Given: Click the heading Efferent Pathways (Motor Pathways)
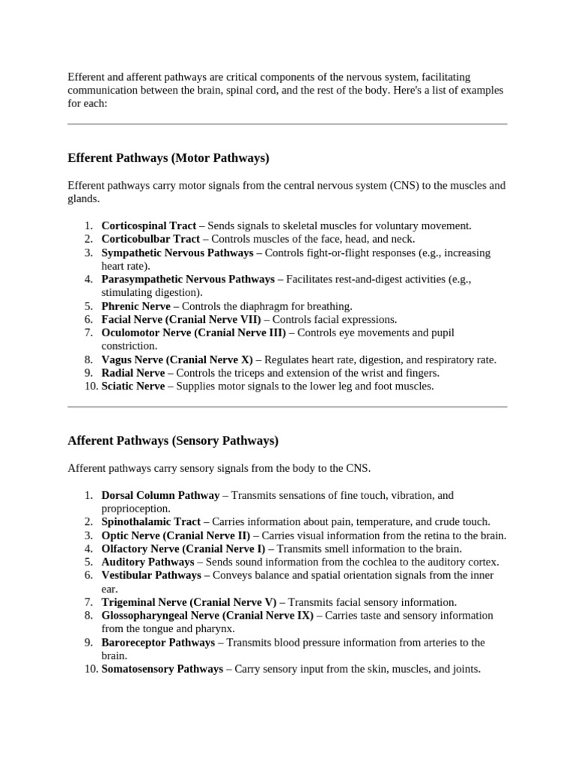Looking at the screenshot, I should [x=168, y=159].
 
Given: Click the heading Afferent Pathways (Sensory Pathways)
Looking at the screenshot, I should [x=173, y=440].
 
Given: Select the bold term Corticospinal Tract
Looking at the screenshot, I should [x=149, y=225].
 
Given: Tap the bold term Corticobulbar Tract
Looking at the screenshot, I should [x=150, y=239].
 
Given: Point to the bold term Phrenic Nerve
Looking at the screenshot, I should [x=136, y=306].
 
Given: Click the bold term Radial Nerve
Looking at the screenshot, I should [x=133, y=373].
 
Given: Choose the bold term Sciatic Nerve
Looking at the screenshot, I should [x=133, y=386].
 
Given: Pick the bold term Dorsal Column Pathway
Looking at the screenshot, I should [x=160, y=496].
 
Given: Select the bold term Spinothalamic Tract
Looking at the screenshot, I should [x=151, y=521].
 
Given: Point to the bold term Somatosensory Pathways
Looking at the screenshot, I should [x=162, y=669].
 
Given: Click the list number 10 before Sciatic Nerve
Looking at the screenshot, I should [x=88, y=386].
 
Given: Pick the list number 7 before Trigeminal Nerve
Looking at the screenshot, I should [x=89, y=602].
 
